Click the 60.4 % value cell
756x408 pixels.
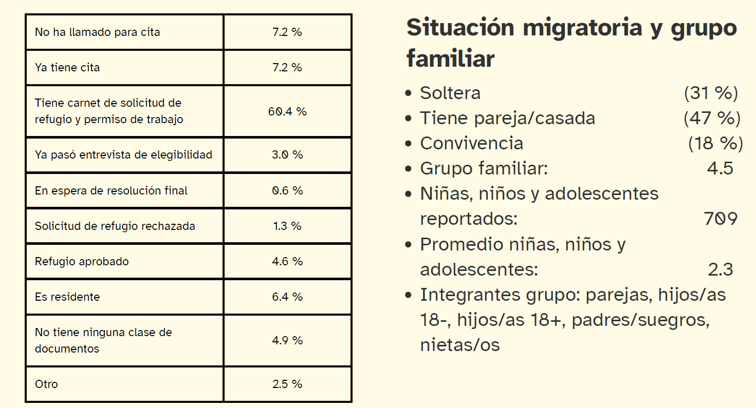(x=287, y=111)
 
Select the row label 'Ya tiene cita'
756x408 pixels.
(x=67, y=68)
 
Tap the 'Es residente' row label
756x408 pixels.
(x=67, y=297)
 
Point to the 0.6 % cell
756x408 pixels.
(x=287, y=190)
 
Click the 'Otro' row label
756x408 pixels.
(x=46, y=384)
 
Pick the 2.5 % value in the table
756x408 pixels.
(x=287, y=384)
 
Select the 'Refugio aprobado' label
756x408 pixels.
(x=82, y=262)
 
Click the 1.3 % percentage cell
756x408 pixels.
(x=287, y=226)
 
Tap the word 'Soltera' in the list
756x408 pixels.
(x=450, y=93)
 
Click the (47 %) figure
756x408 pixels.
(x=712, y=119)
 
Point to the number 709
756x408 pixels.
(x=721, y=219)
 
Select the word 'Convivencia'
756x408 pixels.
(x=471, y=144)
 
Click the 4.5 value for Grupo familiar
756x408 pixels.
(x=720, y=169)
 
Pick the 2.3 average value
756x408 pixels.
(x=720, y=270)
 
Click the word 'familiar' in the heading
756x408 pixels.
(x=450, y=59)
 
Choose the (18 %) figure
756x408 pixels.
(x=715, y=144)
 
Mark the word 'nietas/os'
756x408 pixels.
(x=460, y=345)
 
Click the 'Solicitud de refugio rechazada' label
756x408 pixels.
(x=115, y=226)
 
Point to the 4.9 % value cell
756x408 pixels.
(x=287, y=341)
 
